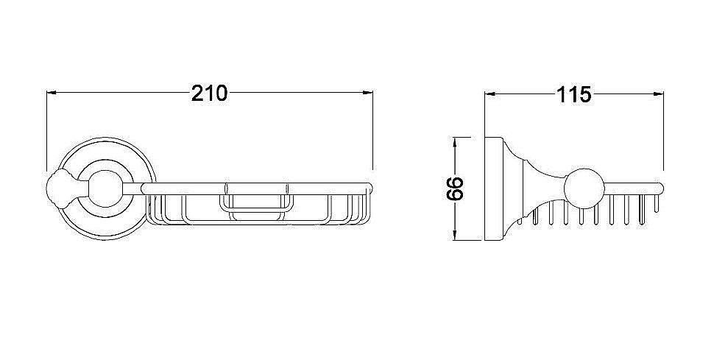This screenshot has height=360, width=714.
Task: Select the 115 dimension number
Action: click(x=573, y=94)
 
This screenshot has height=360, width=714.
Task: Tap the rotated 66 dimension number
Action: click(x=454, y=189)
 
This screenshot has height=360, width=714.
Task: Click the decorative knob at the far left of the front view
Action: click(x=60, y=188)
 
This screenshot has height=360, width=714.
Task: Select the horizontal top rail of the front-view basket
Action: click(x=258, y=186)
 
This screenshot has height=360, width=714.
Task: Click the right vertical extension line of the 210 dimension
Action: click(x=373, y=133)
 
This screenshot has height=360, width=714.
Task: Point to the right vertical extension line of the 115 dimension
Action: click(x=664, y=133)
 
